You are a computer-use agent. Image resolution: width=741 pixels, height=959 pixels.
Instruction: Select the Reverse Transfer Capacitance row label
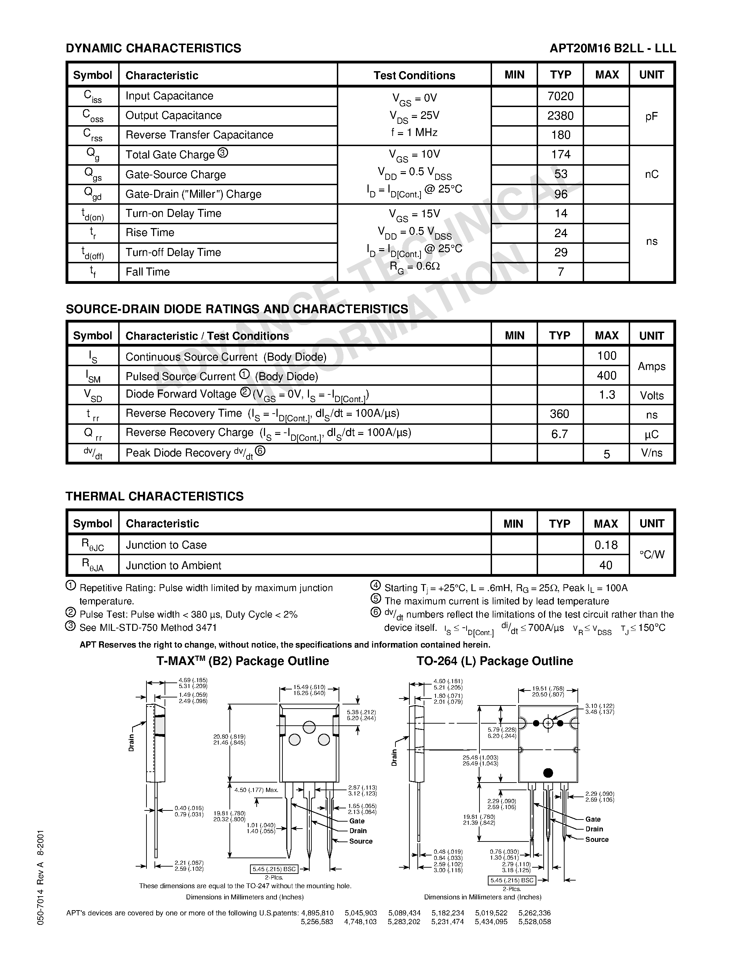pyautogui.click(x=199, y=135)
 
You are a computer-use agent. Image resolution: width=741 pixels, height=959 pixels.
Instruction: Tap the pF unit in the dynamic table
pyautogui.click(x=651, y=116)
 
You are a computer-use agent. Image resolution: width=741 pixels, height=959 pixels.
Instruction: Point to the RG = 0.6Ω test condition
pyautogui.click(x=415, y=266)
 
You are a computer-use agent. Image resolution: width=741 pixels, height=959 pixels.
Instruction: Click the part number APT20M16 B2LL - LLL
pyautogui.click(x=612, y=48)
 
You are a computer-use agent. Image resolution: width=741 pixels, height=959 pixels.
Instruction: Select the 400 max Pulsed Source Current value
pyautogui.click(x=607, y=376)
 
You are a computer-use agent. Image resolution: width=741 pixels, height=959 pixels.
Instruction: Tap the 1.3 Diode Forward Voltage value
pyautogui.click(x=607, y=395)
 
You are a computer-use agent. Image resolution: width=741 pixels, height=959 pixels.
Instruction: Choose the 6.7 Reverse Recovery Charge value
pyautogui.click(x=560, y=434)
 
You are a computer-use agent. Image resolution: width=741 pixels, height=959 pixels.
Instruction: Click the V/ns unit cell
pyautogui.click(x=651, y=453)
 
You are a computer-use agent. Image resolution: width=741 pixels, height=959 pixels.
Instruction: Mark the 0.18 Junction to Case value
pyautogui.click(x=606, y=545)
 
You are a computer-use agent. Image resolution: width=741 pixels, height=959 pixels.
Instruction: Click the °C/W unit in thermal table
pyautogui.click(x=651, y=554)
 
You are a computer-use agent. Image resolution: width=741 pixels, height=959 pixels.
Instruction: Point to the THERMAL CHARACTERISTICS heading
pyautogui.click(x=154, y=496)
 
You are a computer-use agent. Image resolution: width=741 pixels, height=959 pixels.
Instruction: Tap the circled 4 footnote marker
pyautogui.click(x=375, y=586)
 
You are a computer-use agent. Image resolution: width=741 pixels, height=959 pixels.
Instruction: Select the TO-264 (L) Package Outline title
pyautogui.click(x=495, y=661)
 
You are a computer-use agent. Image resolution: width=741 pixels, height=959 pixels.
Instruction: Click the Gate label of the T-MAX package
pyautogui.click(x=357, y=821)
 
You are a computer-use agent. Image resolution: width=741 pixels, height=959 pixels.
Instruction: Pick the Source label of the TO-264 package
pyautogui.click(x=597, y=839)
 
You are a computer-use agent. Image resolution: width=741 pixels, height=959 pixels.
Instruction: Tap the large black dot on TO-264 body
pyautogui.click(x=548, y=772)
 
